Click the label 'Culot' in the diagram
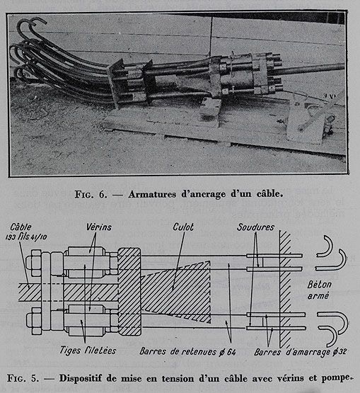183,227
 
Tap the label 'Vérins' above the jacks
99,227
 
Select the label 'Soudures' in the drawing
255,227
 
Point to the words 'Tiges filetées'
88,351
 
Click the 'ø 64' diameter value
227,352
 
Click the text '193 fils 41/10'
26,237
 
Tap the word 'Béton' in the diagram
320,285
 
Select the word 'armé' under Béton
318,296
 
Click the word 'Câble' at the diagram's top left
21,227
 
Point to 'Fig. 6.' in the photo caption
91,195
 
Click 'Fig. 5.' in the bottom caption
23,378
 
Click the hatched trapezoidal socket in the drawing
176,292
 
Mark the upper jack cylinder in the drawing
86,262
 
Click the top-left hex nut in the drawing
33,263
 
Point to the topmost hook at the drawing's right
325,246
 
